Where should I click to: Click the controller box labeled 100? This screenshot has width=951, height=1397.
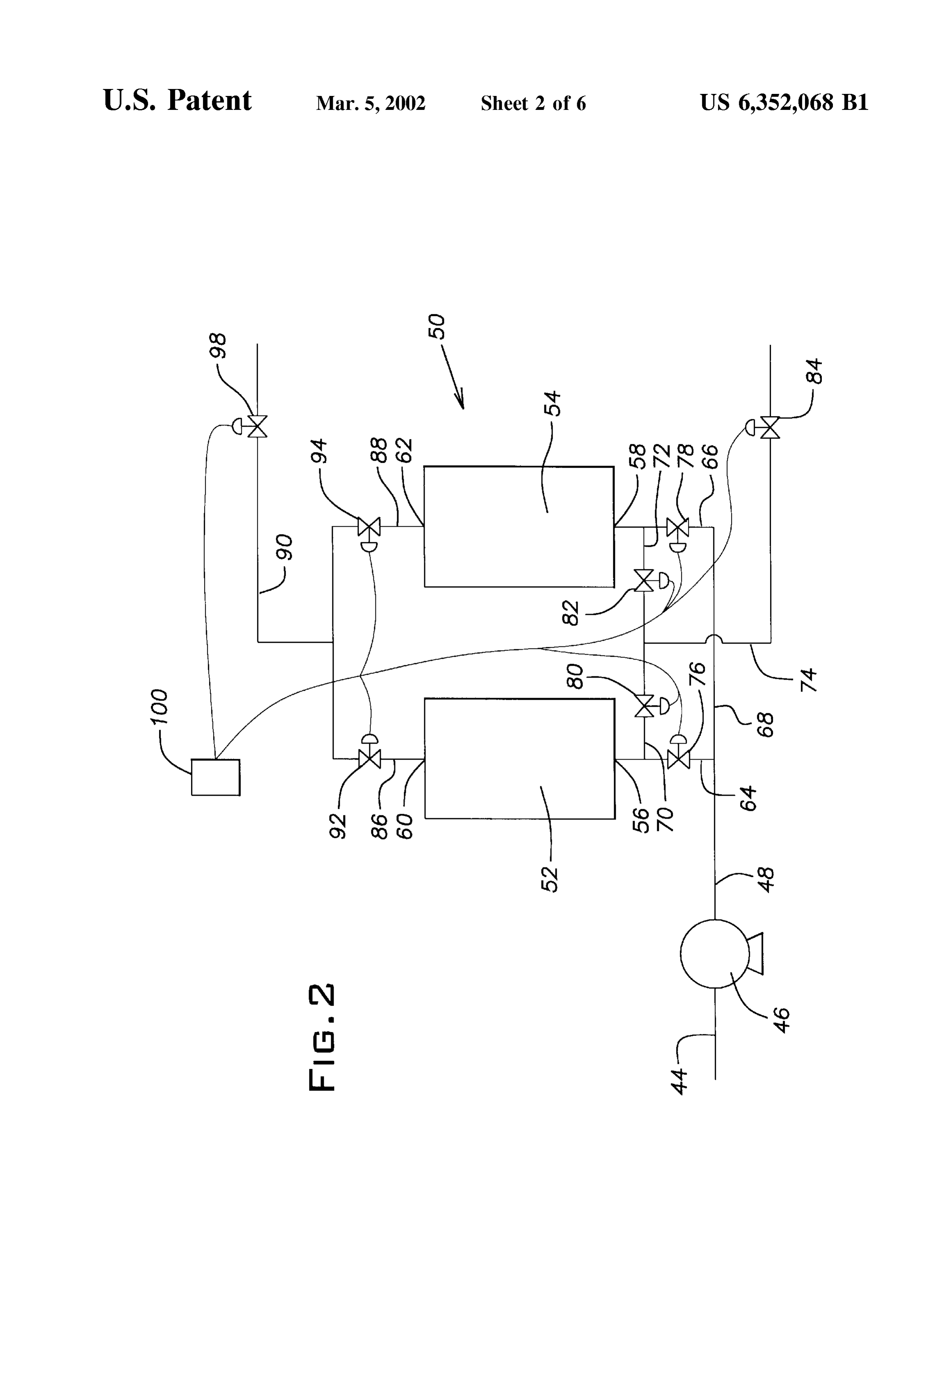[x=215, y=777]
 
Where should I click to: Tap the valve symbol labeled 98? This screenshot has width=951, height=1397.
[x=254, y=426]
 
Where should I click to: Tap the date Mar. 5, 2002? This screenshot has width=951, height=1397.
[x=371, y=103]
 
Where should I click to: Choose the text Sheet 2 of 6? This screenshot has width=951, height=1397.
[x=533, y=103]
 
